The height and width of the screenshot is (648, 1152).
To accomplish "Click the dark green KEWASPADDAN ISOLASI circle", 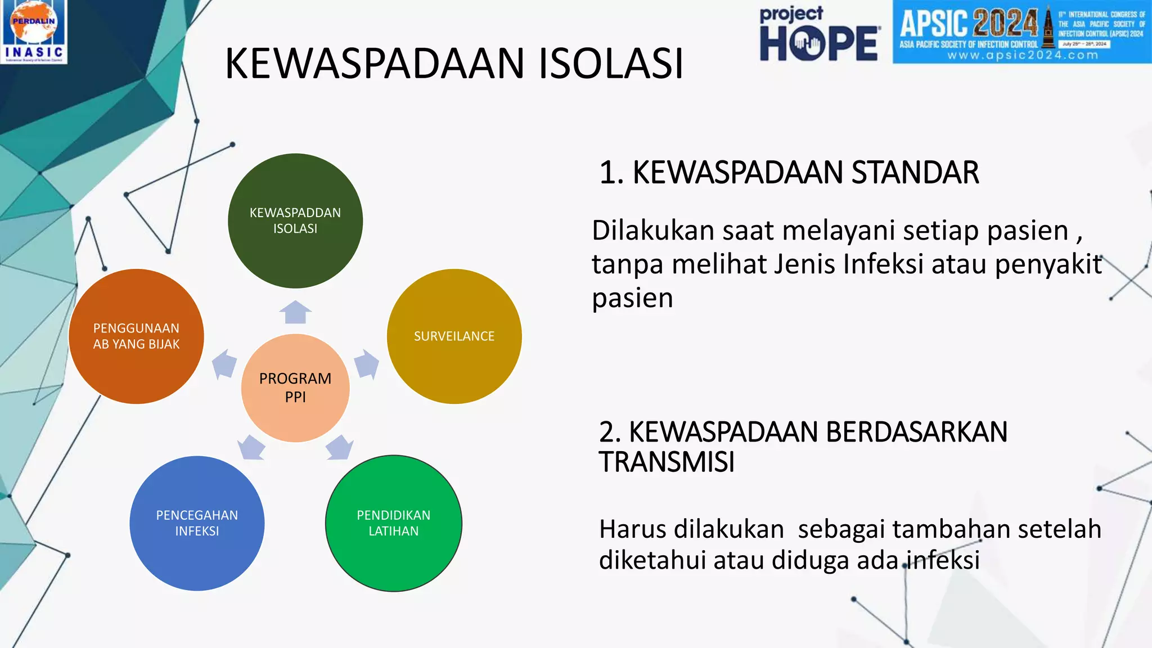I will coord(295,220).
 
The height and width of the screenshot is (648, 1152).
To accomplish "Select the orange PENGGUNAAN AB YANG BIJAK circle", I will coord(136,336).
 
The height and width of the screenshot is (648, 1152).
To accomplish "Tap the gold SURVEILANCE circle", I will coord(454,336).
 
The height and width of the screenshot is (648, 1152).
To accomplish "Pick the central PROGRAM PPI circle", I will coord(295,388).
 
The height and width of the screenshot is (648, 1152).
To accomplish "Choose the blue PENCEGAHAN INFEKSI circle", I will coord(197,523).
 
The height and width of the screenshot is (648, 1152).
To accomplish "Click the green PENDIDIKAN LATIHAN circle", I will coord(394,523).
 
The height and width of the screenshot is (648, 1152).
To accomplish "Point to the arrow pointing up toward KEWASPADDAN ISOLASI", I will coord(295,312).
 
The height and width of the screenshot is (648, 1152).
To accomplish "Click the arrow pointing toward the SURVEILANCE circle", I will coord(367,364).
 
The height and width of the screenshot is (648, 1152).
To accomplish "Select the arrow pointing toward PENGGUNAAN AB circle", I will coord(224,364).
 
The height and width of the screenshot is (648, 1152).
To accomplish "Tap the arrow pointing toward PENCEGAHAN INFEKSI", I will coord(251,448).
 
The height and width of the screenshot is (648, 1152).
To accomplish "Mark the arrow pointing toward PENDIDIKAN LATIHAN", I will coord(339,448).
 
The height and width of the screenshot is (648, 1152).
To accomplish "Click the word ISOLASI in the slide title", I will coord(611,63).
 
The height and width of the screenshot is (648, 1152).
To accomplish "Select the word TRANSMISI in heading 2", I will coord(667,462).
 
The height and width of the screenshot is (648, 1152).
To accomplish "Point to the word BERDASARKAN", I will coord(916,432).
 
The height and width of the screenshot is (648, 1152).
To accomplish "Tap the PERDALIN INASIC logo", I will coord(34,31).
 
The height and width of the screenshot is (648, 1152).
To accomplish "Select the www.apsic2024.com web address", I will coord(1022,55).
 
